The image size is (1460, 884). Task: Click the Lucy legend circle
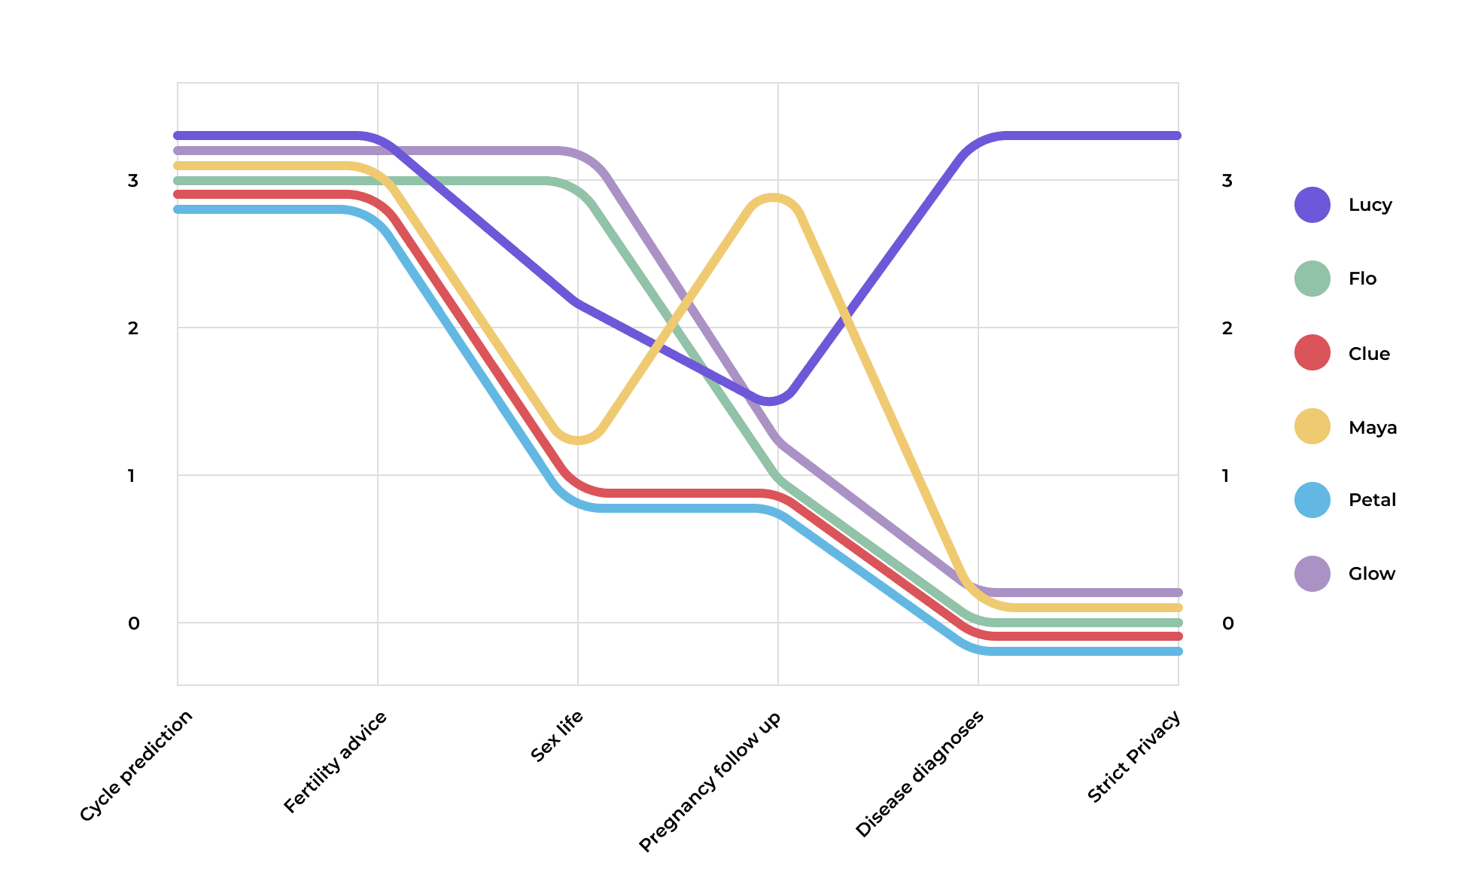(1312, 205)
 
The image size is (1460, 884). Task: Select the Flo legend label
(1362, 279)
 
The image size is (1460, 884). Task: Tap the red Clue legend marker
(1312, 353)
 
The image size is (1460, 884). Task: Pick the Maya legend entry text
(1372, 428)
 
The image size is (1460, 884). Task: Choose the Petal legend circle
(1312, 500)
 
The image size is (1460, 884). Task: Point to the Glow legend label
(1371, 574)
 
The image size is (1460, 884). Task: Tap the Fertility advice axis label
(336, 761)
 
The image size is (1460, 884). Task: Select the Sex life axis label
(557, 736)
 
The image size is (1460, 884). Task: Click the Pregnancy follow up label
(710, 781)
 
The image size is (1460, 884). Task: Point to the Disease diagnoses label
(920, 773)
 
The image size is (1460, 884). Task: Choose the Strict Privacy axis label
(1134, 756)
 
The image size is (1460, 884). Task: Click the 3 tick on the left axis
(133, 181)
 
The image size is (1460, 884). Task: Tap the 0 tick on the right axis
(1227, 623)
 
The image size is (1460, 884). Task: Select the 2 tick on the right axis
(1227, 328)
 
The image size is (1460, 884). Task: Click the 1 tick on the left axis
(132, 476)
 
